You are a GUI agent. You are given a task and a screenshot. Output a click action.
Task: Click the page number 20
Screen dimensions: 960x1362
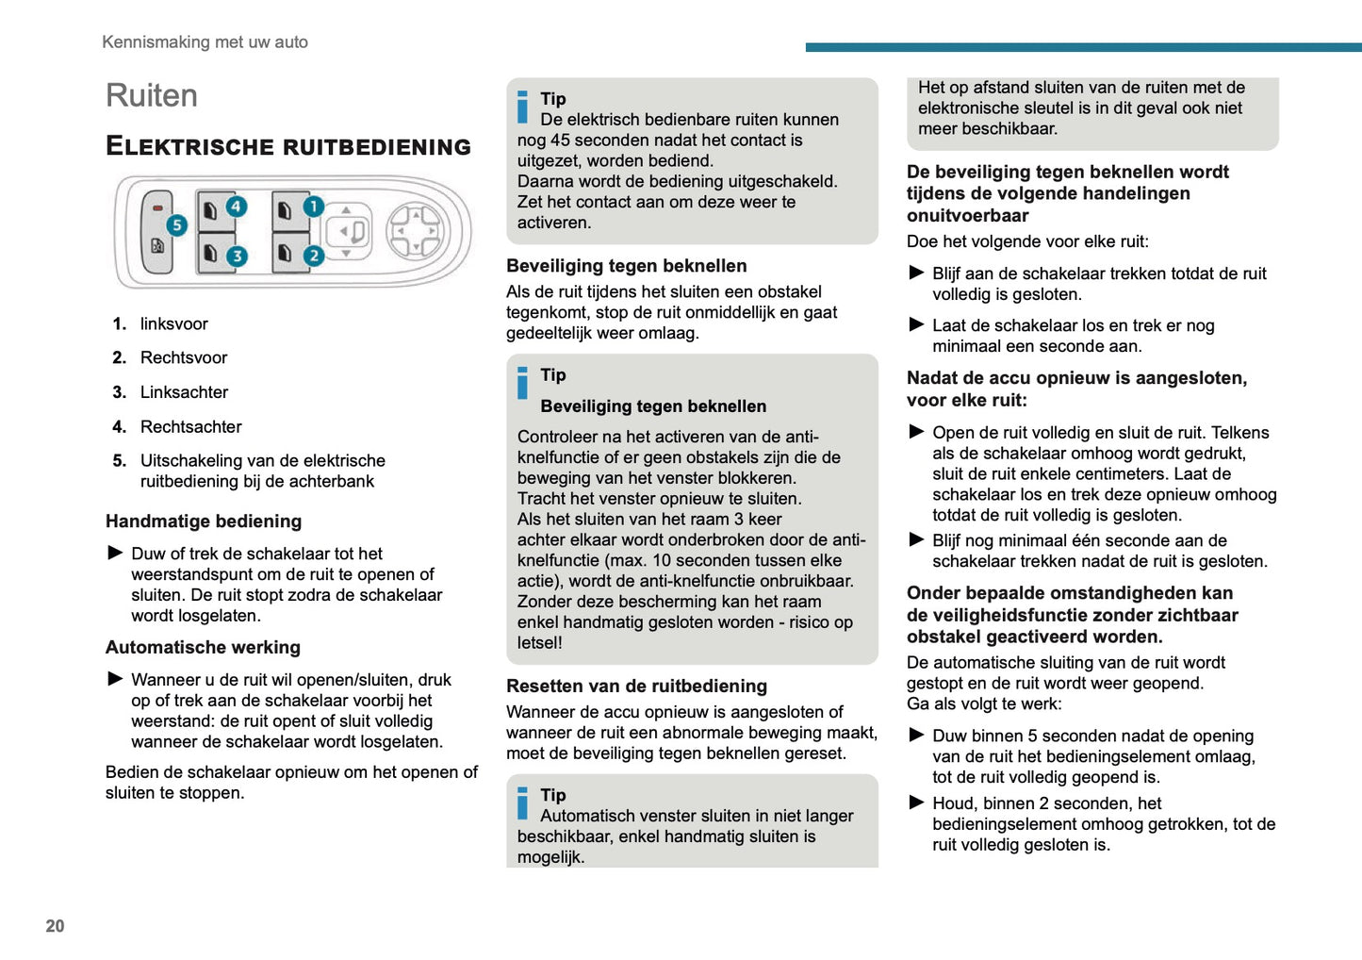[x=55, y=926]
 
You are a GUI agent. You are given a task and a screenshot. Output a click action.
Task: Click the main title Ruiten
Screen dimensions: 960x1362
[x=152, y=96]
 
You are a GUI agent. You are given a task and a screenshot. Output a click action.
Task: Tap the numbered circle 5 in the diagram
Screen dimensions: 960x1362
[x=176, y=225]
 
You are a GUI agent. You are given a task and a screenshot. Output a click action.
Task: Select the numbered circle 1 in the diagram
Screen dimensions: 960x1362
[x=314, y=206]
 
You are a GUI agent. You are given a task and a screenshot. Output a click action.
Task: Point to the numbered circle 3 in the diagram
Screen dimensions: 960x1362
[x=237, y=256]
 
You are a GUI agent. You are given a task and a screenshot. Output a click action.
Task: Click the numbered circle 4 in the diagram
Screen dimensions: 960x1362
[x=236, y=206]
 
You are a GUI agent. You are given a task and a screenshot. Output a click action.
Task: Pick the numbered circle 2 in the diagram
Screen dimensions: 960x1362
[x=314, y=256]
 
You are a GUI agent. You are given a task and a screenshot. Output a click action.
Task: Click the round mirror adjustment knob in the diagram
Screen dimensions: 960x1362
[x=414, y=230]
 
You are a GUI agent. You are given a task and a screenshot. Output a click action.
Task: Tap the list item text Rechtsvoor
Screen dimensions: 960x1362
[x=184, y=357]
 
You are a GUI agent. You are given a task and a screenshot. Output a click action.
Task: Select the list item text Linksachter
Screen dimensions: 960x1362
[x=184, y=392]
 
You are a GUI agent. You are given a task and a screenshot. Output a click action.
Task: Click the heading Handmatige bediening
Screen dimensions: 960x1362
[x=204, y=521]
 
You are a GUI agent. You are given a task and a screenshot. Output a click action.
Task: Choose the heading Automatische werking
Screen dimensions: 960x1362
[x=203, y=648]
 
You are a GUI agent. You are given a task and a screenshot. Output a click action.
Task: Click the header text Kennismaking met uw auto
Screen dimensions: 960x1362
[x=205, y=41]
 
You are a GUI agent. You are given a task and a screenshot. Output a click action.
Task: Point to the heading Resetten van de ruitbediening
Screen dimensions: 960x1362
[x=636, y=687]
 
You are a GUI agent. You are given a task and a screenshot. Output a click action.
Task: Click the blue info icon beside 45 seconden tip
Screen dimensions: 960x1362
[x=523, y=107]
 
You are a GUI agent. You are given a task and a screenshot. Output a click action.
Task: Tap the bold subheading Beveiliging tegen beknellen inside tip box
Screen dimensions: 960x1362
[x=653, y=406]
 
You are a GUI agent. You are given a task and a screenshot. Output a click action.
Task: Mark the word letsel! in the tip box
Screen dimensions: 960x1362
[x=539, y=643]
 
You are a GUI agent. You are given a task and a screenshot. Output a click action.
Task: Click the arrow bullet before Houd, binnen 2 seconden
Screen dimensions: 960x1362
[x=916, y=803]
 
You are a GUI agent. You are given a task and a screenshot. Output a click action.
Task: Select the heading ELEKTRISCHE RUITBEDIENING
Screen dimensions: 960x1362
[x=288, y=146]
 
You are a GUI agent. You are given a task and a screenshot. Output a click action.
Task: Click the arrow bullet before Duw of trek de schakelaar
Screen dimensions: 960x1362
[x=115, y=553]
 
